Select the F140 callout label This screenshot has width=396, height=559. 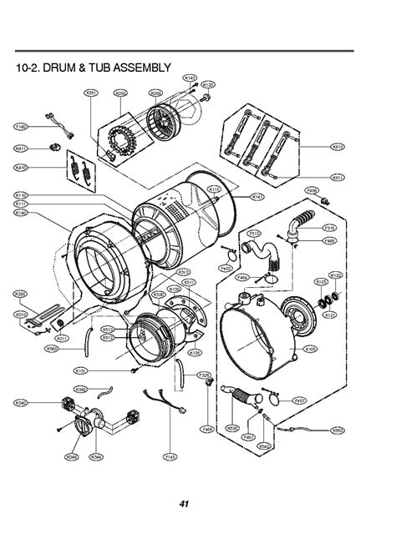click(x=21, y=127)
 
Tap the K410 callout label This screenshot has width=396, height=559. click(x=21, y=167)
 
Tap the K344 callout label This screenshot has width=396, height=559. click(x=97, y=457)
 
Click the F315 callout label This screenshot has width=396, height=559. click(x=330, y=228)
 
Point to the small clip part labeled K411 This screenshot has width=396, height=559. click(x=54, y=148)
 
